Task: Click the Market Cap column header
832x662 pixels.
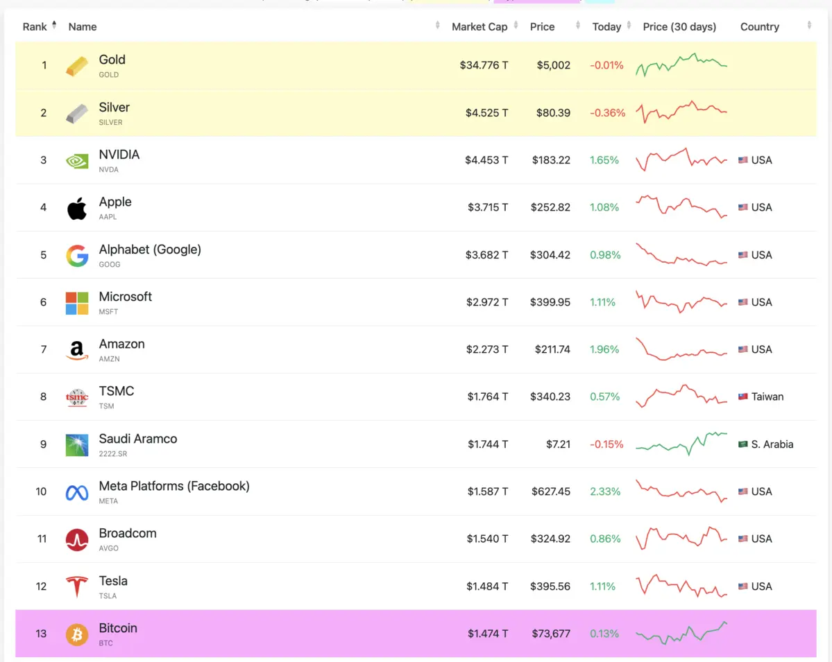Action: click(x=479, y=27)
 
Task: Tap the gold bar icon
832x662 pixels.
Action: click(x=77, y=66)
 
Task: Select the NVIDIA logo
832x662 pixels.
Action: click(x=77, y=161)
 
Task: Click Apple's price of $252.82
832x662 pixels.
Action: click(x=550, y=207)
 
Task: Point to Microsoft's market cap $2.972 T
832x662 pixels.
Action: click(x=487, y=302)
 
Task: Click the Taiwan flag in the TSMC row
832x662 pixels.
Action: click(x=742, y=397)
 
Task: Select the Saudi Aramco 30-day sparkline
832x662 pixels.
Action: click(x=681, y=444)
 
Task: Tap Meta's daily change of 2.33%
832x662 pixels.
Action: click(x=604, y=491)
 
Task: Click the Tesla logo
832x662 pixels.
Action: click(x=77, y=586)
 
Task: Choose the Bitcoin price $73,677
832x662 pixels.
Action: click(x=551, y=634)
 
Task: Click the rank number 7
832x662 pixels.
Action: click(x=43, y=349)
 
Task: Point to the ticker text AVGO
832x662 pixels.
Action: click(x=109, y=548)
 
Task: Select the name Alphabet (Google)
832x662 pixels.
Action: click(x=150, y=250)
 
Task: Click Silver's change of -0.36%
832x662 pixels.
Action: click(x=607, y=113)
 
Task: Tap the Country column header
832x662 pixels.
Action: click(x=759, y=27)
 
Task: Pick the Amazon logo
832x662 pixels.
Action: click(x=77, y=350)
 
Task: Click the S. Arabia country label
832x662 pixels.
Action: click(x=772, y=444)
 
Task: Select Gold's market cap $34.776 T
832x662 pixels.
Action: click(x=484, y=65)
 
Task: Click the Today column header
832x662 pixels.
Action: click(x=606, y=27)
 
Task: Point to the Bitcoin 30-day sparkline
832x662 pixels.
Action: click(x=681, y=634)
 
